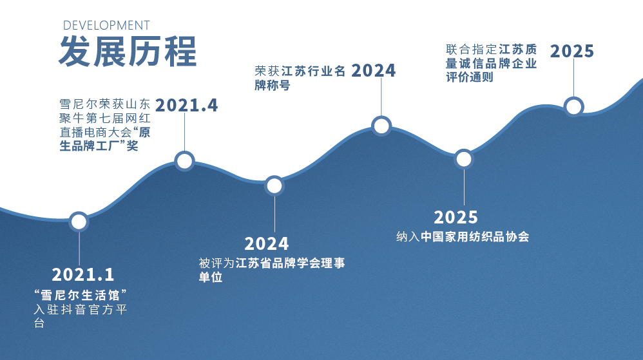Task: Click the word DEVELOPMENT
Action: (106, 25)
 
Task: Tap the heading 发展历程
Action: (128, 52)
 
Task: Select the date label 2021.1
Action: (83, 275)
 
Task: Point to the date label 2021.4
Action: (187, 106)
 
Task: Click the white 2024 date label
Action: (267, 244)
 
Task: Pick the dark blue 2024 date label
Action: (374, 71)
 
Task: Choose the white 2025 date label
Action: (456, 217)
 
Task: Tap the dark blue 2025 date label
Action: (572, 52)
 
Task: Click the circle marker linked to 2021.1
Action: (79, 222)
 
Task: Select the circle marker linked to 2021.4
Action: (184, 161)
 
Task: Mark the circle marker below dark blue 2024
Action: (381, 126)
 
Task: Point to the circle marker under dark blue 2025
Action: (573, 107)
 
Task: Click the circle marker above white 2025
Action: (464, 159)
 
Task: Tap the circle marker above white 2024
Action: (274, 185)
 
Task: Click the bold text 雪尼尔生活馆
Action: (80, 295)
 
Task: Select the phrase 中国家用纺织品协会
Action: (475, 236)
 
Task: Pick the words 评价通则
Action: (470, 77)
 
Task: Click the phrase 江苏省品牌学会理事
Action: (291, 263)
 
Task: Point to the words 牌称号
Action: (273, 85)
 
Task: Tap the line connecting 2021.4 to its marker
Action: (184, 132)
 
